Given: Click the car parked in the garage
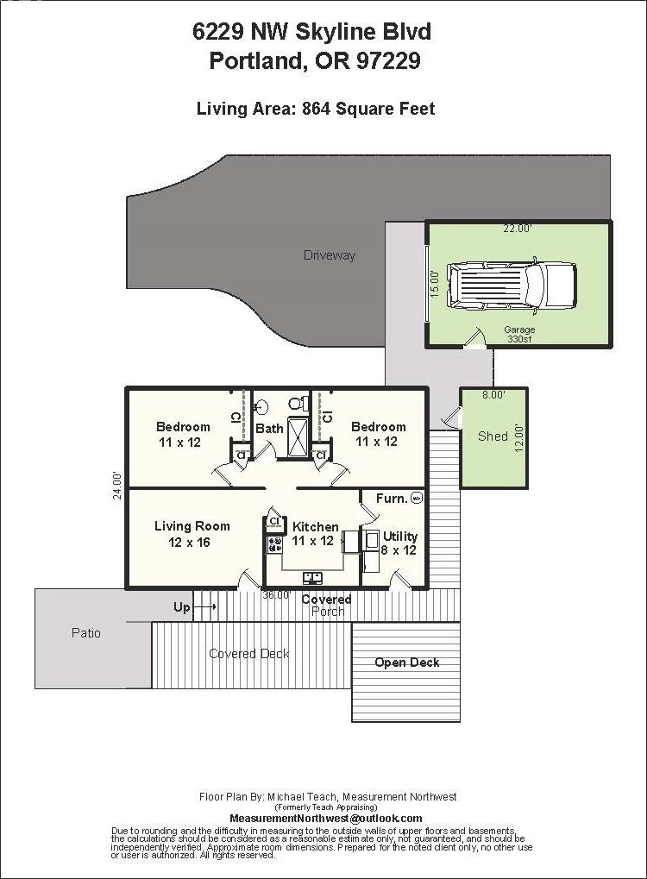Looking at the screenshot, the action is click(x=512, y=286).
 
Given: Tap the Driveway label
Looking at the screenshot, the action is click(x=330, y=255).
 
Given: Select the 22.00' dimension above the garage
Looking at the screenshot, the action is click(x=517, y=228).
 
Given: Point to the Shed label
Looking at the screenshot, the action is click(x=493, y=436).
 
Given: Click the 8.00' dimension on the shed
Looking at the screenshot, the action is click(x=494, y=395).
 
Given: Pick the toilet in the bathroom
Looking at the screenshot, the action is click(x=298, y=403).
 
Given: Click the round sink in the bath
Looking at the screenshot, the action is click(x=261, y=406).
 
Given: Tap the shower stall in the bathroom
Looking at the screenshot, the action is click(x=298, y=437).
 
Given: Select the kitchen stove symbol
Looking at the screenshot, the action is click(x=274, y=544).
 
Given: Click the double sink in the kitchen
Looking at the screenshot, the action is click(x=312, y=577).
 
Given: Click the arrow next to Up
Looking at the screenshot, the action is click(x=206, y=607).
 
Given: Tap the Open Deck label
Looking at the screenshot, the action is click(x=407, y=662).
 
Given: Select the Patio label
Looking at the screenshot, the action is click(x=86, y=633).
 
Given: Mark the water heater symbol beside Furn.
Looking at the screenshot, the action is click(x=416, y=497).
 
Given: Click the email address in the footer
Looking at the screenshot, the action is click(x=326, y=819).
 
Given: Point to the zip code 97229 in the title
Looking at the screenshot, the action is click(x=388, y=60).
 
